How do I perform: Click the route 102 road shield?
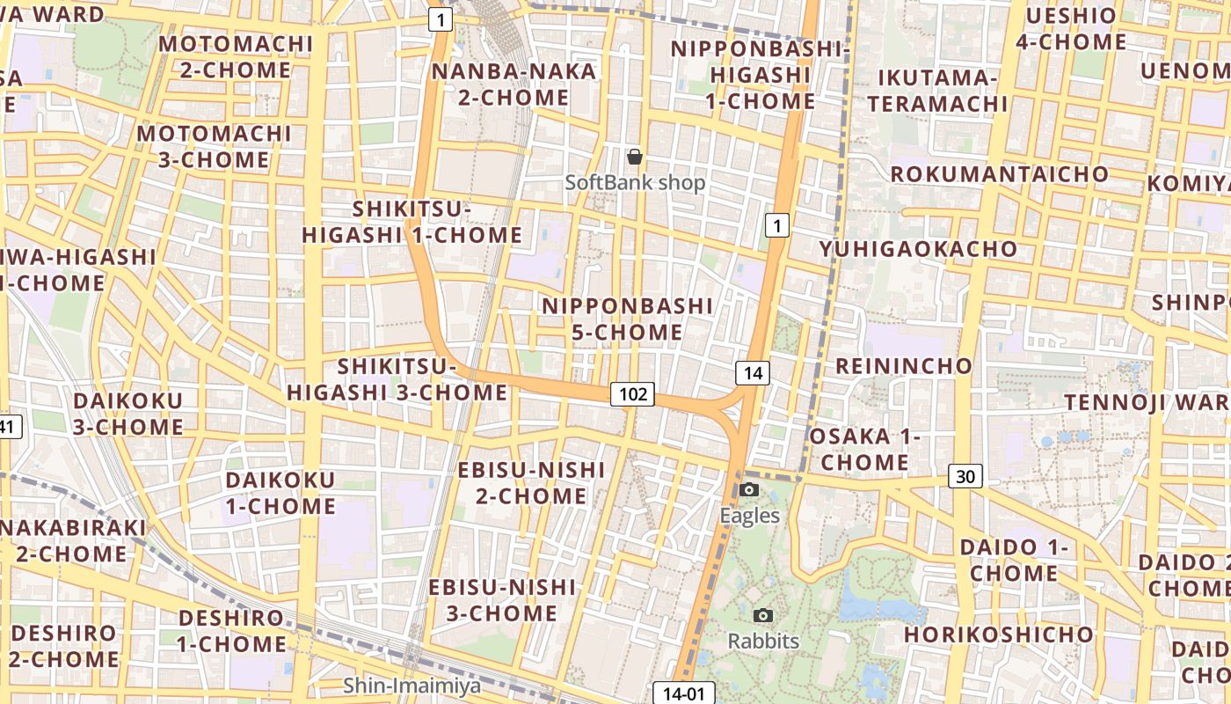coord(633,394)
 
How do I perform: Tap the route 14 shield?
coord(753,373)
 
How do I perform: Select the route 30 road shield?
coord(965,477)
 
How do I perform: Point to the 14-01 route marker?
coord(684,693)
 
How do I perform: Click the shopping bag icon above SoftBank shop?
coord(634,158)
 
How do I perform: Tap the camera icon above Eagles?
coord(749,490)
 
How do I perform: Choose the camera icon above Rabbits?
coord(762,616)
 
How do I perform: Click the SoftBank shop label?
coord(635,183)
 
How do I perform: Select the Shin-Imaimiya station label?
coord(412,686)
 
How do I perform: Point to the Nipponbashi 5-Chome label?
coord(627,319)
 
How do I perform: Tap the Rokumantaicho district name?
coord(999,174)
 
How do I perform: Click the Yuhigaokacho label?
coord(918,249)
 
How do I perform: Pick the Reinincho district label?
coord(903,366)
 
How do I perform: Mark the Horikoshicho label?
coord(998,634)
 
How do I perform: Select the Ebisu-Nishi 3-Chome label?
coord(502,600)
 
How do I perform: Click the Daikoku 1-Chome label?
coord(280,493)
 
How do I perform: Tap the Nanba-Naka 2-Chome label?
coord(514,84)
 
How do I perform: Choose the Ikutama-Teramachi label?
coord(936,91)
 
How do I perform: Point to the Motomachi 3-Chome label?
coord(214,147)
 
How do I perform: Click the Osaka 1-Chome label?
coord(863,449)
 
